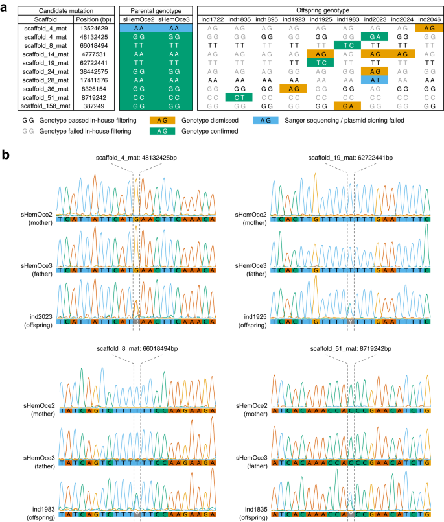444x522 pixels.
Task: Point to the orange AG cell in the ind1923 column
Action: pos(292,88)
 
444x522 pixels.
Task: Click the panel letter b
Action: pos(6,156)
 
